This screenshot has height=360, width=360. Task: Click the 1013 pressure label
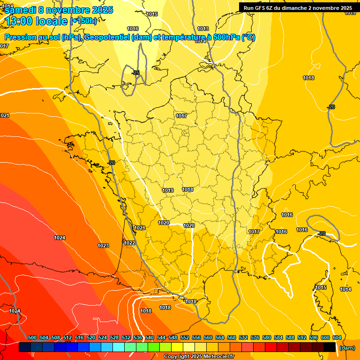coord(203,29)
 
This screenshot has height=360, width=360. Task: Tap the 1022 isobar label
coord(129,243)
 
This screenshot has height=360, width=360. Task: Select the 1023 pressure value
coord(103,246)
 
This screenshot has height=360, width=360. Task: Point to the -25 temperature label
coord(135,73)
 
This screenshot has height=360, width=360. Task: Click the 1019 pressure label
coord(168,190)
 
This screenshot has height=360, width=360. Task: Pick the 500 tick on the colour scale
coord(32,337)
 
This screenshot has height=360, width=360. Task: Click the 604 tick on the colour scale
coord(337,337)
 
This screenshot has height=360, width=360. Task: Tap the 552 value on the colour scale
coord(185,337)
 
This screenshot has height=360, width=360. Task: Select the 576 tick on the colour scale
coord(255,337)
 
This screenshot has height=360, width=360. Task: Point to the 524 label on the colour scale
coord(103,337)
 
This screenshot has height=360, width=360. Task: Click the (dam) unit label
coord(347,348)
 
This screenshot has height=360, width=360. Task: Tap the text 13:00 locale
coord(36,21)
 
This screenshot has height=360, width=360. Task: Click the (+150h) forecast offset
coord(83,21)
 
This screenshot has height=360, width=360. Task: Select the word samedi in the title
coord(20,9)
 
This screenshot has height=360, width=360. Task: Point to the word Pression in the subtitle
coord(20,38)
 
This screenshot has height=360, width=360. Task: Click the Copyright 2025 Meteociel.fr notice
coord(199,357)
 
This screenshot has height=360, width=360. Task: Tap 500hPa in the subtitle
coord(225,38)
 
